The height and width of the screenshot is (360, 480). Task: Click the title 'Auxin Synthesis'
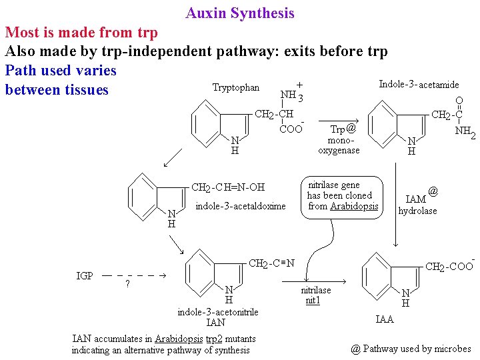tap(240, 13)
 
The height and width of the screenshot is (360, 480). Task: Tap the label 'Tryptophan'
tap(236, 88)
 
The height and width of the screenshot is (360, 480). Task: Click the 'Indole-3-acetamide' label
tap(419, 85)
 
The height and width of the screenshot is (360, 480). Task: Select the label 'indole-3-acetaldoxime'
tap(240, 206)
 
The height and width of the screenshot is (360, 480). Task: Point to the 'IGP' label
tap(85, 275)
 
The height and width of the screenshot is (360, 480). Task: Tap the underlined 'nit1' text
tap(313, 301)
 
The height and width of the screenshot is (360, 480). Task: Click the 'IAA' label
tap(385, 319)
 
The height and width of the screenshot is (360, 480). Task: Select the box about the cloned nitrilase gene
tap(343, 195)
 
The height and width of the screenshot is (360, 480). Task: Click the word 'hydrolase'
tap(417, 211)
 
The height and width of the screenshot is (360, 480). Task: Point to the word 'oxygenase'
tap(339, 151)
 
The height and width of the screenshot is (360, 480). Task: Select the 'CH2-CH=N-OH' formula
tap(228, 187)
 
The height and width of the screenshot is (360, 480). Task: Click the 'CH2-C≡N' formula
tap(271, 263)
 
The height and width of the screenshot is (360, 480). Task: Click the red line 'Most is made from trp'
tap(81, 32)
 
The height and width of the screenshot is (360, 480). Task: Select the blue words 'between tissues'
tap(57, 89)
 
